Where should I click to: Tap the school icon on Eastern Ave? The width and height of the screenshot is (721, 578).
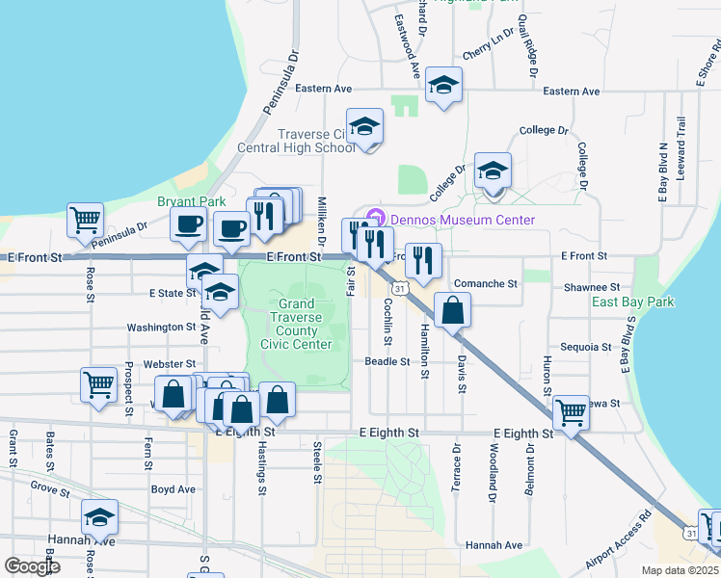443,85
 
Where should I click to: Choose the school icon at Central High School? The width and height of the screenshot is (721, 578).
364,125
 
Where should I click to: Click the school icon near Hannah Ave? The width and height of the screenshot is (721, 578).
99,517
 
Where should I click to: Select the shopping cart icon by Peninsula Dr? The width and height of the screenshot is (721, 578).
85,220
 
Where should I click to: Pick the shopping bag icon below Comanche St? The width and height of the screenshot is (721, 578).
452,310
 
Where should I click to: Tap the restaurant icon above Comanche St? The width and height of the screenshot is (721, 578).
423,258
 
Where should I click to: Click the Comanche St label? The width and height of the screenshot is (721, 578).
487,285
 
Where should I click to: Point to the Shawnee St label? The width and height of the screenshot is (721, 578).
592,287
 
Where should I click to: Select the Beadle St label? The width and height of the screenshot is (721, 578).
387,361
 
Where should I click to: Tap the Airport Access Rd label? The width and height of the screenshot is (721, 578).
619,547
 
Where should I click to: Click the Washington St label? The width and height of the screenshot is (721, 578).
161,328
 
